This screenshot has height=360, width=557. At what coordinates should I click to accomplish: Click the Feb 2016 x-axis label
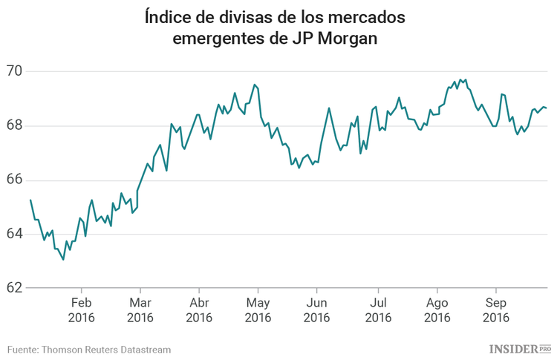point(81,310)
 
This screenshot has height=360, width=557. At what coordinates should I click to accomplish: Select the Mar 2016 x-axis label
point(140,310)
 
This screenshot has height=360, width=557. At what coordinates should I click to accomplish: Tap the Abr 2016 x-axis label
point(199,310)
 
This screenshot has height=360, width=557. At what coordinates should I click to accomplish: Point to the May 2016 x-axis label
point(258,310)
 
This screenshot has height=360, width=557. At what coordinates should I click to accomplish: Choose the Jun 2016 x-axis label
point(316,310)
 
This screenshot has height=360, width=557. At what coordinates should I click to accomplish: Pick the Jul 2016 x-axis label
point(378,310)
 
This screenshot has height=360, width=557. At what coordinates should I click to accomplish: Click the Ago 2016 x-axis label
point(437,310)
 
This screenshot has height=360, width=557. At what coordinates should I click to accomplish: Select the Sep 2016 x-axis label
point(496,310)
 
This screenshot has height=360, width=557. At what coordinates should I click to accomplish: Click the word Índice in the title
point(168,16)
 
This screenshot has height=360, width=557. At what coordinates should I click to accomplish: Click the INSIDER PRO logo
point(520,348)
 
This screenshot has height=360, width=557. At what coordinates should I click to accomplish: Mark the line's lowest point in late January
point(63,260)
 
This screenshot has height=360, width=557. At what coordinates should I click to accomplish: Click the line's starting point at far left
point(30,200)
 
